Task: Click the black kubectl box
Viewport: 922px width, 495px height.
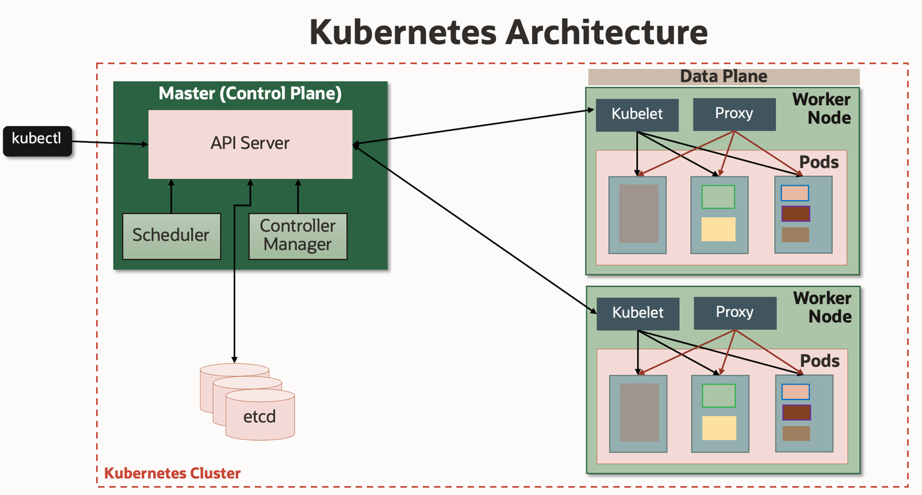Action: (37, 140)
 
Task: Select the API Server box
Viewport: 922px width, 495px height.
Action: (250, 144)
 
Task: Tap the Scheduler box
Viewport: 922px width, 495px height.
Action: (171, 236)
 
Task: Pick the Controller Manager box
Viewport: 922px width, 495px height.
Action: (298, 236)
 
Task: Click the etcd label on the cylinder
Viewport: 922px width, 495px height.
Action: (260, 417)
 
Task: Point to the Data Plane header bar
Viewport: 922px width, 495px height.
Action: (723, 77)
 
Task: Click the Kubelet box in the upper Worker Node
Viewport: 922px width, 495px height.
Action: (637, 115)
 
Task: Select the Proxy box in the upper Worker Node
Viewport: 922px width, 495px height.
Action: (734, 114)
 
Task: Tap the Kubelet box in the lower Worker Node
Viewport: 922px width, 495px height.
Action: (637, 314)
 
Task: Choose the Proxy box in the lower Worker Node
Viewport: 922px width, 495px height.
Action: (735, 313)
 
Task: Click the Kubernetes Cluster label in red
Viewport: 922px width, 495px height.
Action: (172, 473)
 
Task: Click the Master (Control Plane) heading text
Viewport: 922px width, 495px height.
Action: (250, 94)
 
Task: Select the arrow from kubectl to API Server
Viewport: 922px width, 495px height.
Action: (110, 143)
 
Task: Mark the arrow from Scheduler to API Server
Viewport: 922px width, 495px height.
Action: (171, 197)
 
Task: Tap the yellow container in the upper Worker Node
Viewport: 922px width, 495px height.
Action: (719, 229)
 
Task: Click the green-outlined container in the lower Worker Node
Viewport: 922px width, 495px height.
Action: (719, 396)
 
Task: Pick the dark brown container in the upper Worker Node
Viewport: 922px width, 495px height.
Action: (795, 214)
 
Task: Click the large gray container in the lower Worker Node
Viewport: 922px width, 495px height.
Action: (639, 412)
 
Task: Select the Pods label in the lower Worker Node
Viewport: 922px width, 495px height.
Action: (820, 361)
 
